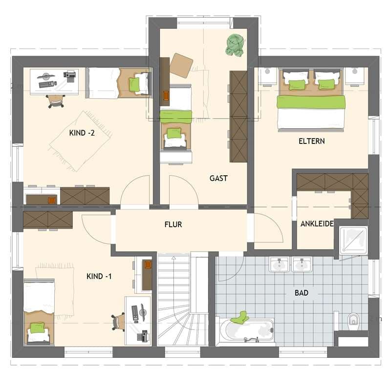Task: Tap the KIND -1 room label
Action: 99,276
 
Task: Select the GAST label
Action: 218,178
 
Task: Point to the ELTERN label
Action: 312,141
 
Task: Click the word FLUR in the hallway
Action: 174,225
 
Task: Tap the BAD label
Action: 302,293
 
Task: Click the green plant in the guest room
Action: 236,45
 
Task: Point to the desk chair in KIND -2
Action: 55,100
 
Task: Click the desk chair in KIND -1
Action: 118,321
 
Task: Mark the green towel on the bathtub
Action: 240,318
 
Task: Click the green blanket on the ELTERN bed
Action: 311,102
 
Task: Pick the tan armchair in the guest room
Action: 181,65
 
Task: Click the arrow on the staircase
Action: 173,258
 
